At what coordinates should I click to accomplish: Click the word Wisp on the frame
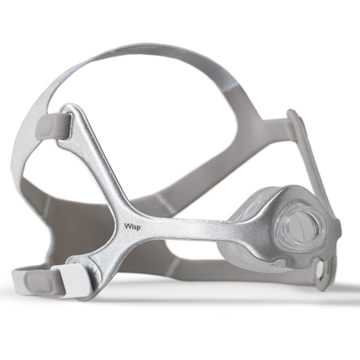pyautogui.click(x=132, y=226)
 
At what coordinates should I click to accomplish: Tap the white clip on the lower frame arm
pyautogui.click(x=69, y=279)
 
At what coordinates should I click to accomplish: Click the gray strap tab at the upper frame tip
pyautogui.click(x=54, y=126)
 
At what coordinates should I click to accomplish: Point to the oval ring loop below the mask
pyautogui.click(x=324, y=275)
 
